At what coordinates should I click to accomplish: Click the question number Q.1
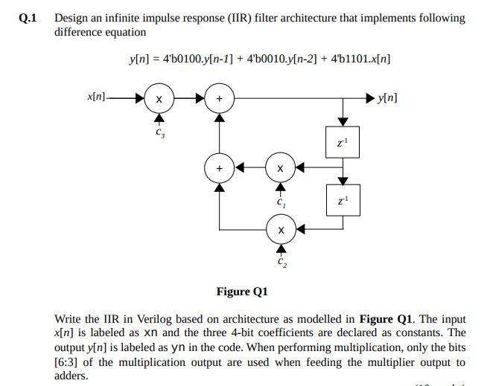[29, 18]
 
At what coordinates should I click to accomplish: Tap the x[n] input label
[96, 97]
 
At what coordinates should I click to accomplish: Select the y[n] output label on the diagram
[387, 97]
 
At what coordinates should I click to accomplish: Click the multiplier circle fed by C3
[158, 98]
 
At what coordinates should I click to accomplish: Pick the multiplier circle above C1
[279, 168]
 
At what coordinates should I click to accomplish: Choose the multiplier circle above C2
[279, 231]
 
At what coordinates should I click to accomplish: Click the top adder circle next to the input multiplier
[219, 98]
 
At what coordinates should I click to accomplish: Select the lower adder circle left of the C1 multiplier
[219, 168]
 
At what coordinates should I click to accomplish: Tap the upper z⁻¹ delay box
[343, 142]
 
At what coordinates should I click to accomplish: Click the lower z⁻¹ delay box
[343, 202]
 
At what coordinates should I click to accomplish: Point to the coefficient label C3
[159, 133]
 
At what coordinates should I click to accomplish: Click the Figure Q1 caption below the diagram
[241, 291]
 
